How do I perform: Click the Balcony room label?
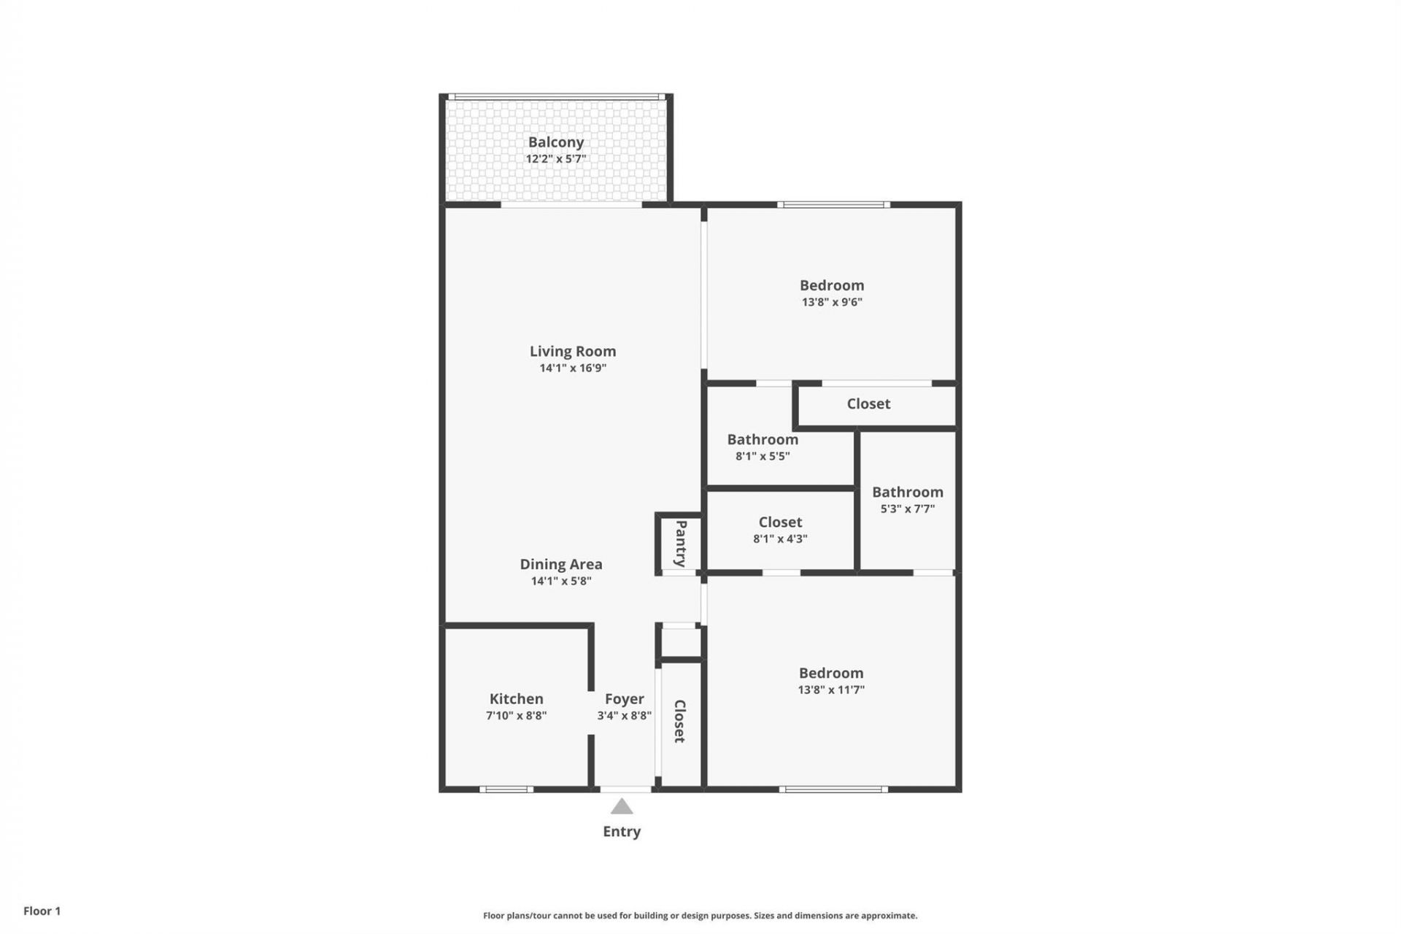[555, 142]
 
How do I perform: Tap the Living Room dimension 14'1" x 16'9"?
[573, 368]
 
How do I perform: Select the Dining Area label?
[560, 564]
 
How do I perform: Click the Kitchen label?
[516, 698]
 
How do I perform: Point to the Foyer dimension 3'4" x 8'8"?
[624, 716]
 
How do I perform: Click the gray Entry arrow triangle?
[622, 806]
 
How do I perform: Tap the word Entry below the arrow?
[622, 831]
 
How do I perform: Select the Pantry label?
[681, 543]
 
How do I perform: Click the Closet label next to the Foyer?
[679, 721]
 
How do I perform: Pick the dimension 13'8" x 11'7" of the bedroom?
[830, 690]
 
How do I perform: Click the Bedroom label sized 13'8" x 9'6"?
[831, 285]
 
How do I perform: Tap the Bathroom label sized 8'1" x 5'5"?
[762, 439]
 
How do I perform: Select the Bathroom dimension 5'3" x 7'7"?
[907, 509]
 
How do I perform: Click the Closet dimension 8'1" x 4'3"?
[780, 539]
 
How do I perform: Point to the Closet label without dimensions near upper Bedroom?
[868, 404]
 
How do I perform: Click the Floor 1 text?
[42, 911]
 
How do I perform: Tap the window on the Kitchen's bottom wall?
[506, 789]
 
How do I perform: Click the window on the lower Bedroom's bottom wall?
[833, 789]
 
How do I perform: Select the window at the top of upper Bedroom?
[833, 205]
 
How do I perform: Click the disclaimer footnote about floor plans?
[700, 915]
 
